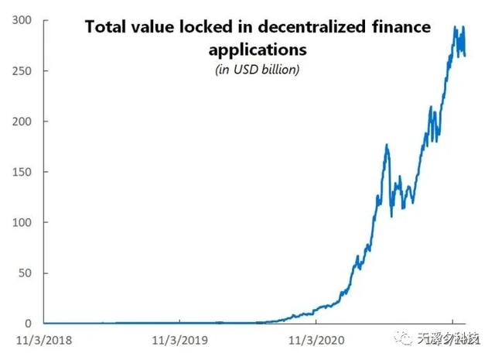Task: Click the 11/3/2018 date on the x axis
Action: [44, 339]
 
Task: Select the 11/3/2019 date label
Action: [179, 339]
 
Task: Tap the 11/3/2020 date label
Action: [316, 339]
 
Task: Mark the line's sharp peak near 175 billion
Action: [386, 145]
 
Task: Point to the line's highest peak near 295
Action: [455, 27]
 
